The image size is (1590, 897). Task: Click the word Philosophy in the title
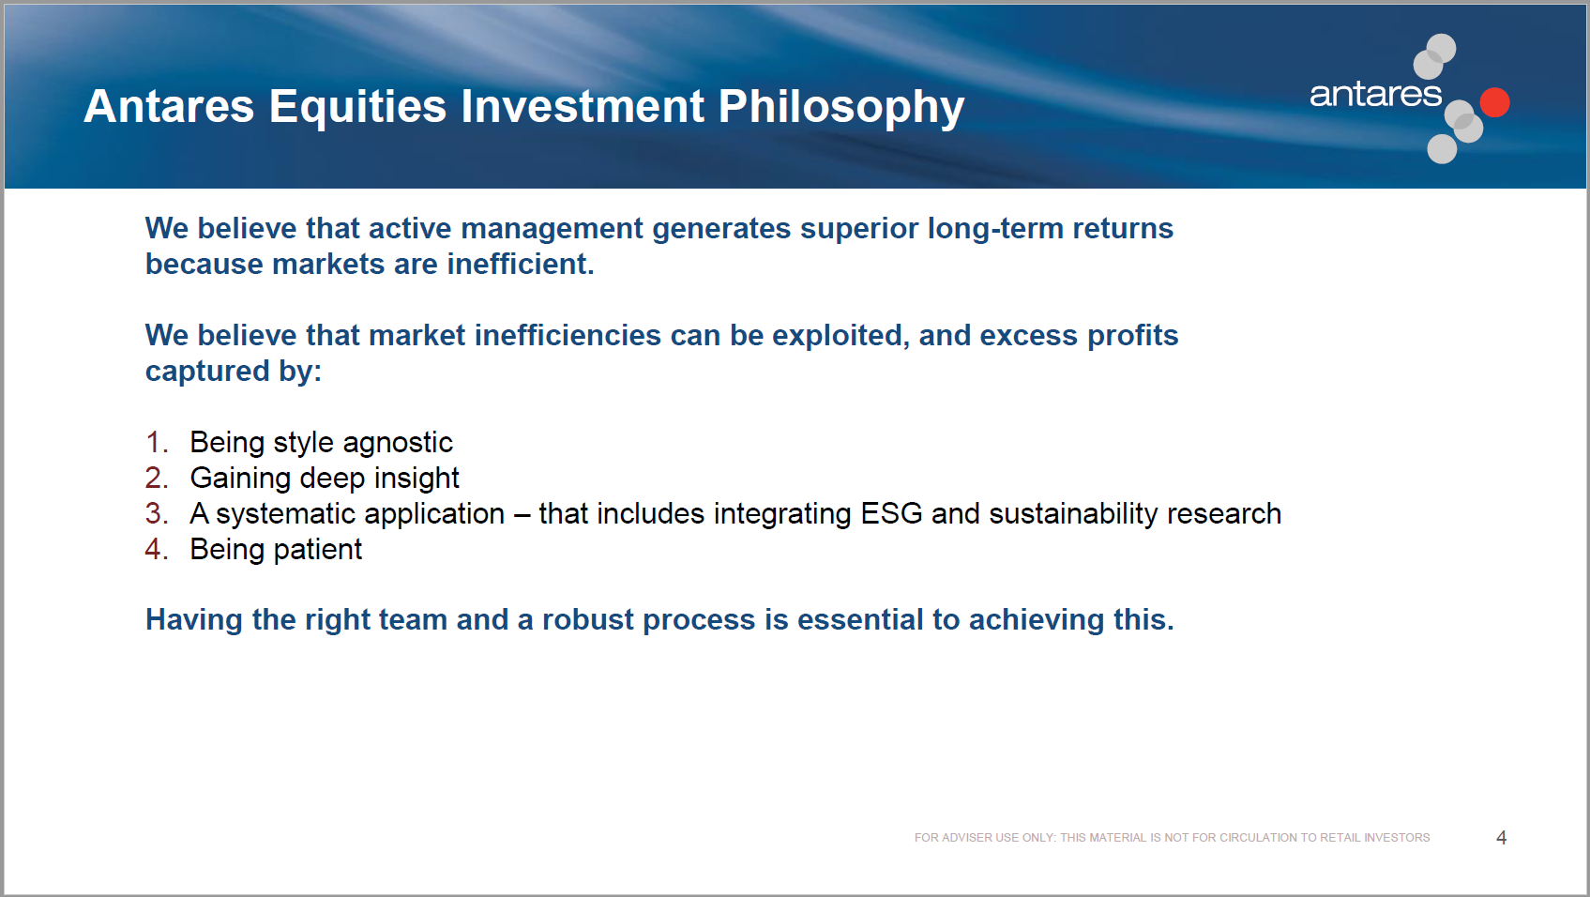click(x=840, y=108)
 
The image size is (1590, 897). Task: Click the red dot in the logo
click(x=1494, y=102)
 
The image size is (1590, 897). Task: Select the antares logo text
click(x=1375, y=95)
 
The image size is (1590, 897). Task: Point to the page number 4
click(x=1501, y=837)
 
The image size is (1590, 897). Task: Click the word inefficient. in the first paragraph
click(x=521, y=264)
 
